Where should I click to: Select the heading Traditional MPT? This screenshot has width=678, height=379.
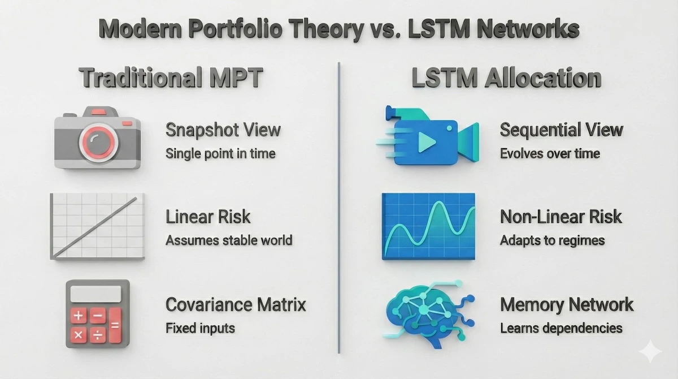coord(171,78)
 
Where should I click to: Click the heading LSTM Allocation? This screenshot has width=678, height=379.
coord(506,78)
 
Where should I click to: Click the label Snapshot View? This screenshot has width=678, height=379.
coord(223,130)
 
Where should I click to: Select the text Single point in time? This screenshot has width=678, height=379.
coord(220,153)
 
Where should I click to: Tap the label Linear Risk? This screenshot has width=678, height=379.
coord(208,216)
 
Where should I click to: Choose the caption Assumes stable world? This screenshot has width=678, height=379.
coord(229,240)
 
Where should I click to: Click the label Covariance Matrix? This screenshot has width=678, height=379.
coord(236,304)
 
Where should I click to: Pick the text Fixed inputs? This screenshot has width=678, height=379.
coord(200,328)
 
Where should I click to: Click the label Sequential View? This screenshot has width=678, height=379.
coord(561,130)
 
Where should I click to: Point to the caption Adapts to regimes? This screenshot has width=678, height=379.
coord(552,240)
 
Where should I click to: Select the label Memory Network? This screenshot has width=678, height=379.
coord(567,304)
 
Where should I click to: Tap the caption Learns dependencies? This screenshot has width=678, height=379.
coord(561,328)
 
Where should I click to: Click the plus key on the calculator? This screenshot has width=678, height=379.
coord(78,316)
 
